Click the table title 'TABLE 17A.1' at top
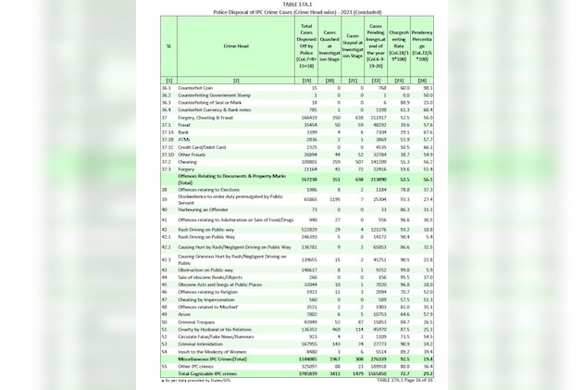(x=292, y=4)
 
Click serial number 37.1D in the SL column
(x=168, y=153)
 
